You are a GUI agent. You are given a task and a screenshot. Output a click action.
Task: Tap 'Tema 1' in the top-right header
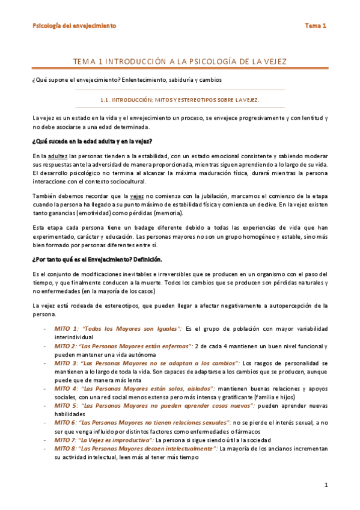click(315, 26)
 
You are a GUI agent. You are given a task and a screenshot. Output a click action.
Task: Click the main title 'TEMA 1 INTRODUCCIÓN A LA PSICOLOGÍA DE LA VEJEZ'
click(180, 62)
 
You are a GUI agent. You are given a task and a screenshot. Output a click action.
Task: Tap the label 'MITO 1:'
click(67, 330)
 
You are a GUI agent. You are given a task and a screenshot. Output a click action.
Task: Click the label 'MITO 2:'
click(67, 346)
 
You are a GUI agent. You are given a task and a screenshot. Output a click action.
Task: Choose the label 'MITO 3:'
click(67, 363)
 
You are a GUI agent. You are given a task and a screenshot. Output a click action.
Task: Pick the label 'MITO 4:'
click(67, 389)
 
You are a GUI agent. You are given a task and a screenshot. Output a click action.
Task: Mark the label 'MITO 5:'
click(67, 405)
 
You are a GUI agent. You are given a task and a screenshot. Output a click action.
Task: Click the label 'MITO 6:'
click(67, 423)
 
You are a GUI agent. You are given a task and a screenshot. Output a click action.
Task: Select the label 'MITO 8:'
click(67, 448)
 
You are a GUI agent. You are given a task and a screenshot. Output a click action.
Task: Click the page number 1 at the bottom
click(325, 485)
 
